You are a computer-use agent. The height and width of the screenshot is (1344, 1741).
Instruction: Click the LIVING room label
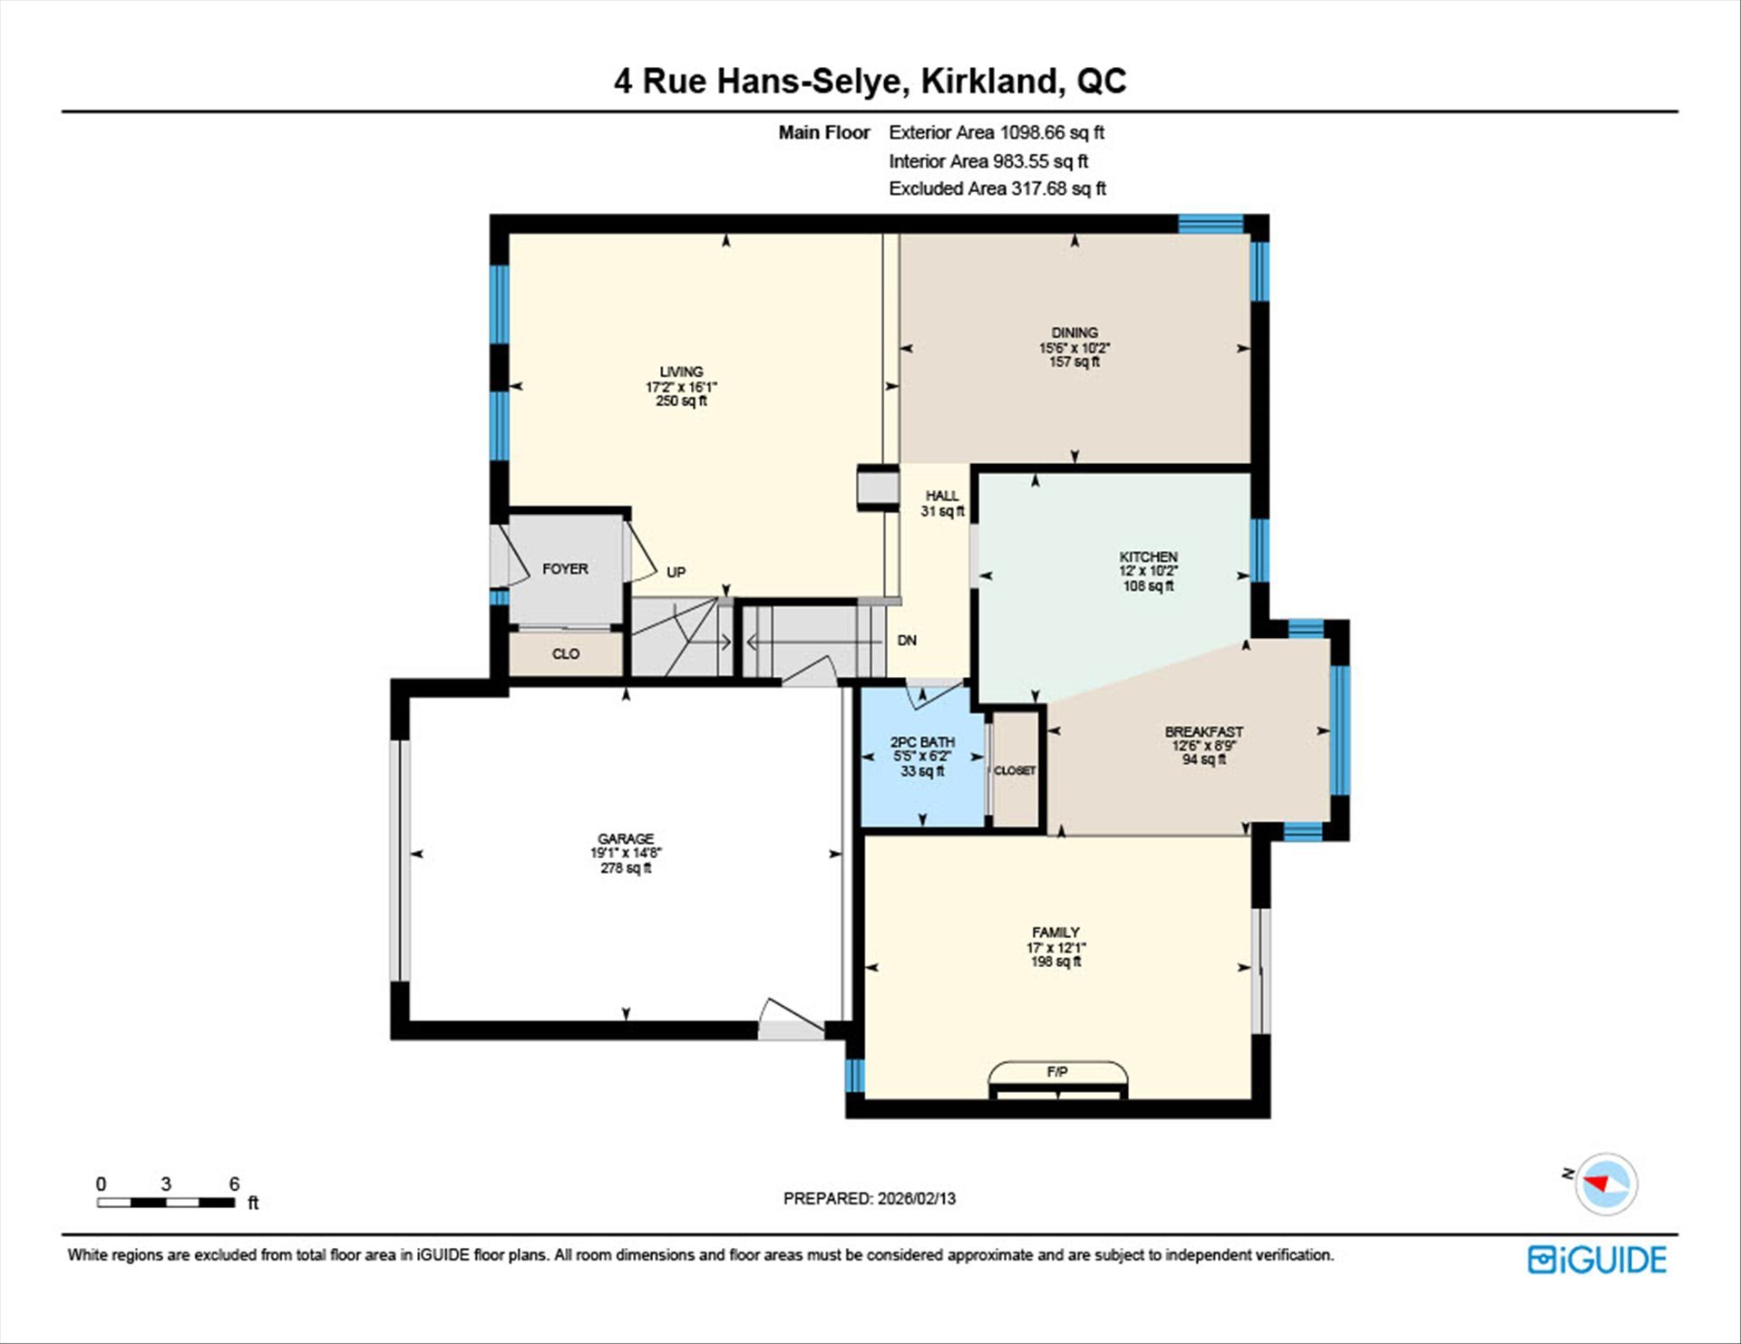pos(681,372)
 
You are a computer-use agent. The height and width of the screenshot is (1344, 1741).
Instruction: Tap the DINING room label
pos(1075,333)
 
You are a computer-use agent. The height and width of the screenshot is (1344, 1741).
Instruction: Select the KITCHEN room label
pos(1148,556)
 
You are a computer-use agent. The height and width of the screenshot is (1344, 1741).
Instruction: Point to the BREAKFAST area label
pos(1203,731)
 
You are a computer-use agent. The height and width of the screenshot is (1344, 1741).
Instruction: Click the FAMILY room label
pos(1055,933)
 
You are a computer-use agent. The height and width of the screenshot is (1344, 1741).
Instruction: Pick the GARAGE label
pos(626,838)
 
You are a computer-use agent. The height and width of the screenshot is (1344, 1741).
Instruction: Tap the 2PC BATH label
pos(922,741)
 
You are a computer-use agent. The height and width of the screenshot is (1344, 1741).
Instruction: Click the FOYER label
pos(565,568)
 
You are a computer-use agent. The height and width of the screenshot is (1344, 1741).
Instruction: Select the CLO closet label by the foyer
pos(566,653)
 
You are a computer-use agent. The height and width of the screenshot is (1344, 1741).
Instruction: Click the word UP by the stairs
pos(676,572)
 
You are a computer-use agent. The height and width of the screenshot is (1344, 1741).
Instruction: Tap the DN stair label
pos(907,640)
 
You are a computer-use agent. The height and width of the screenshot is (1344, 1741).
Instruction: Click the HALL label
pos(942,496)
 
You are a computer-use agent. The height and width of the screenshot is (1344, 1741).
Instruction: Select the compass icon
pos(1606,1184)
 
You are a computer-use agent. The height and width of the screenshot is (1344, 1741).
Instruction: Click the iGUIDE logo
pos(1597,1260)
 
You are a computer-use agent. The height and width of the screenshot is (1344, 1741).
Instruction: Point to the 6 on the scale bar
pos(234,1184)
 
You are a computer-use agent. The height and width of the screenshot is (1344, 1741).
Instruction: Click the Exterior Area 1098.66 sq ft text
pos(997,132)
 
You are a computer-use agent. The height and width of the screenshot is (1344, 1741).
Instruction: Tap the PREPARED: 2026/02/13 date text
pos(870,1198)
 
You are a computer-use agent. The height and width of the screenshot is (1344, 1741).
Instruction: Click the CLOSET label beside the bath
pos(1015,770)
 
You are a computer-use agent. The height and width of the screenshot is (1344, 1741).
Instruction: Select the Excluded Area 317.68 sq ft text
pos(997,189)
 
